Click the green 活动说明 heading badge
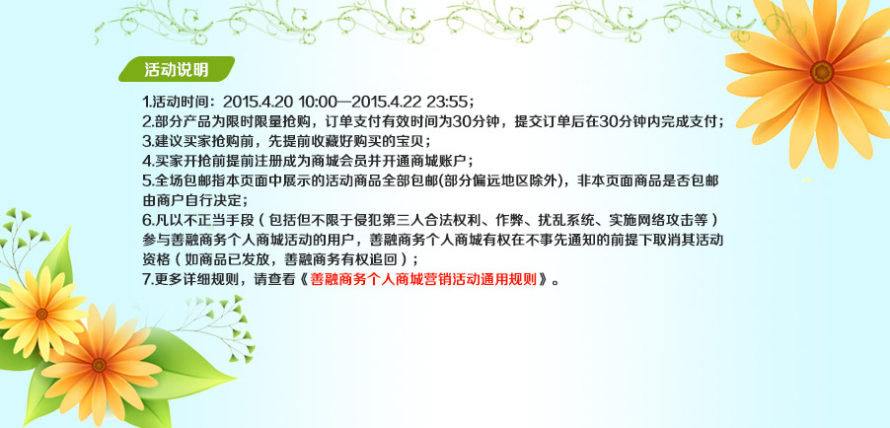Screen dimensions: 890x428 tap(177, 69)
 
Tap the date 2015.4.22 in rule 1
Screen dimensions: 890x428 tap(386, 103)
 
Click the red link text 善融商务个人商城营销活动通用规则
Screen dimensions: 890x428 tap(423, 279)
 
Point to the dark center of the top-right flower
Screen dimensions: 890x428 tap(821, 72)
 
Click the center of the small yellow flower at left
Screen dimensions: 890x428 tap(41, 314)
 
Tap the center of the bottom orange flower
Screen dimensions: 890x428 tap(100, 365)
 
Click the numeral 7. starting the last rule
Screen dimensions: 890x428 tap(146, 279)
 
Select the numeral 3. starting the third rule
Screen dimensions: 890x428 tap(146, 141)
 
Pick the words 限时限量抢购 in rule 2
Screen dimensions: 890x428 tap(261, 121)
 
